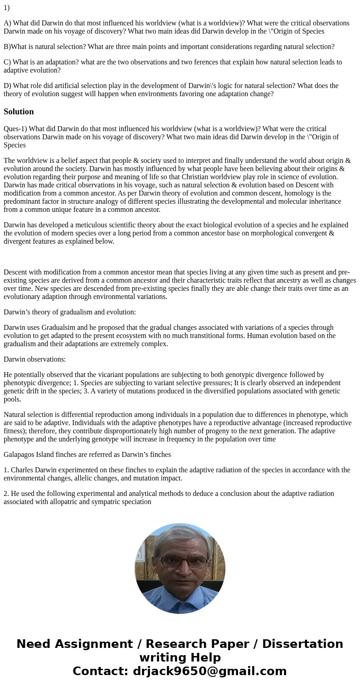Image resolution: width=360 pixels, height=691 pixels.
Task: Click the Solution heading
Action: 19,112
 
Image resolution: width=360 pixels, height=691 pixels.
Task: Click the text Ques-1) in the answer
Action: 15,129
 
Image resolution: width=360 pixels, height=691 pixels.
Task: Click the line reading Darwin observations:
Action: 34,359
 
